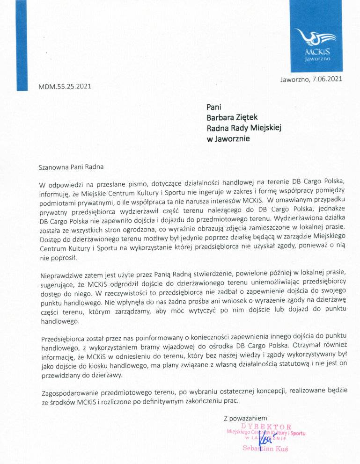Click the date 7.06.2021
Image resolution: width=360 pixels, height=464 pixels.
click(x=327, y=79)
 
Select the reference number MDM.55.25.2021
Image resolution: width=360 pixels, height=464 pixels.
click(x=65, y=86)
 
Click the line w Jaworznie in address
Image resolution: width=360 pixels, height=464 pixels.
click(x=228, y=138)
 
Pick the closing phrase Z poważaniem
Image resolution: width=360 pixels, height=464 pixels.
click(x=245, y=417)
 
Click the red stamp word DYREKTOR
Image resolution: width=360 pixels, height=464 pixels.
click(x=266, y=427)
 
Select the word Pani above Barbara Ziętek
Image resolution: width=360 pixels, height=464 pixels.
click(x=213, y=107)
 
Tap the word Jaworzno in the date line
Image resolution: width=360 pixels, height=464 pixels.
click(x=294, y=80)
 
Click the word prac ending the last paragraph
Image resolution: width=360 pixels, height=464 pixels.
click(x=231, y=401)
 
